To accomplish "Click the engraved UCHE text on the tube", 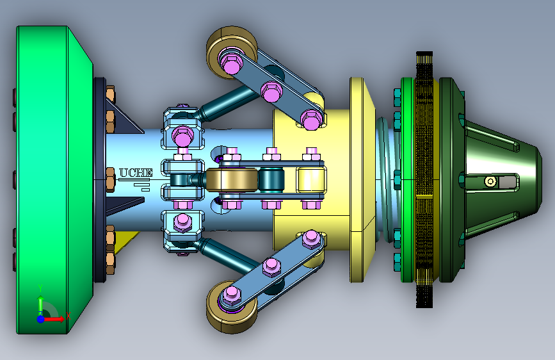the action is tap(136, 172).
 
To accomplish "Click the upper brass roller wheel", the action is tap(232, 52).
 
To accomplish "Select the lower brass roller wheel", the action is tap(232, 307).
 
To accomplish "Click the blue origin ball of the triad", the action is tap(41, 319).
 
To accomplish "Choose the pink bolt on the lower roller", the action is tap(232, 295).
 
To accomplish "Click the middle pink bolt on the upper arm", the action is tap(271, 92).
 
